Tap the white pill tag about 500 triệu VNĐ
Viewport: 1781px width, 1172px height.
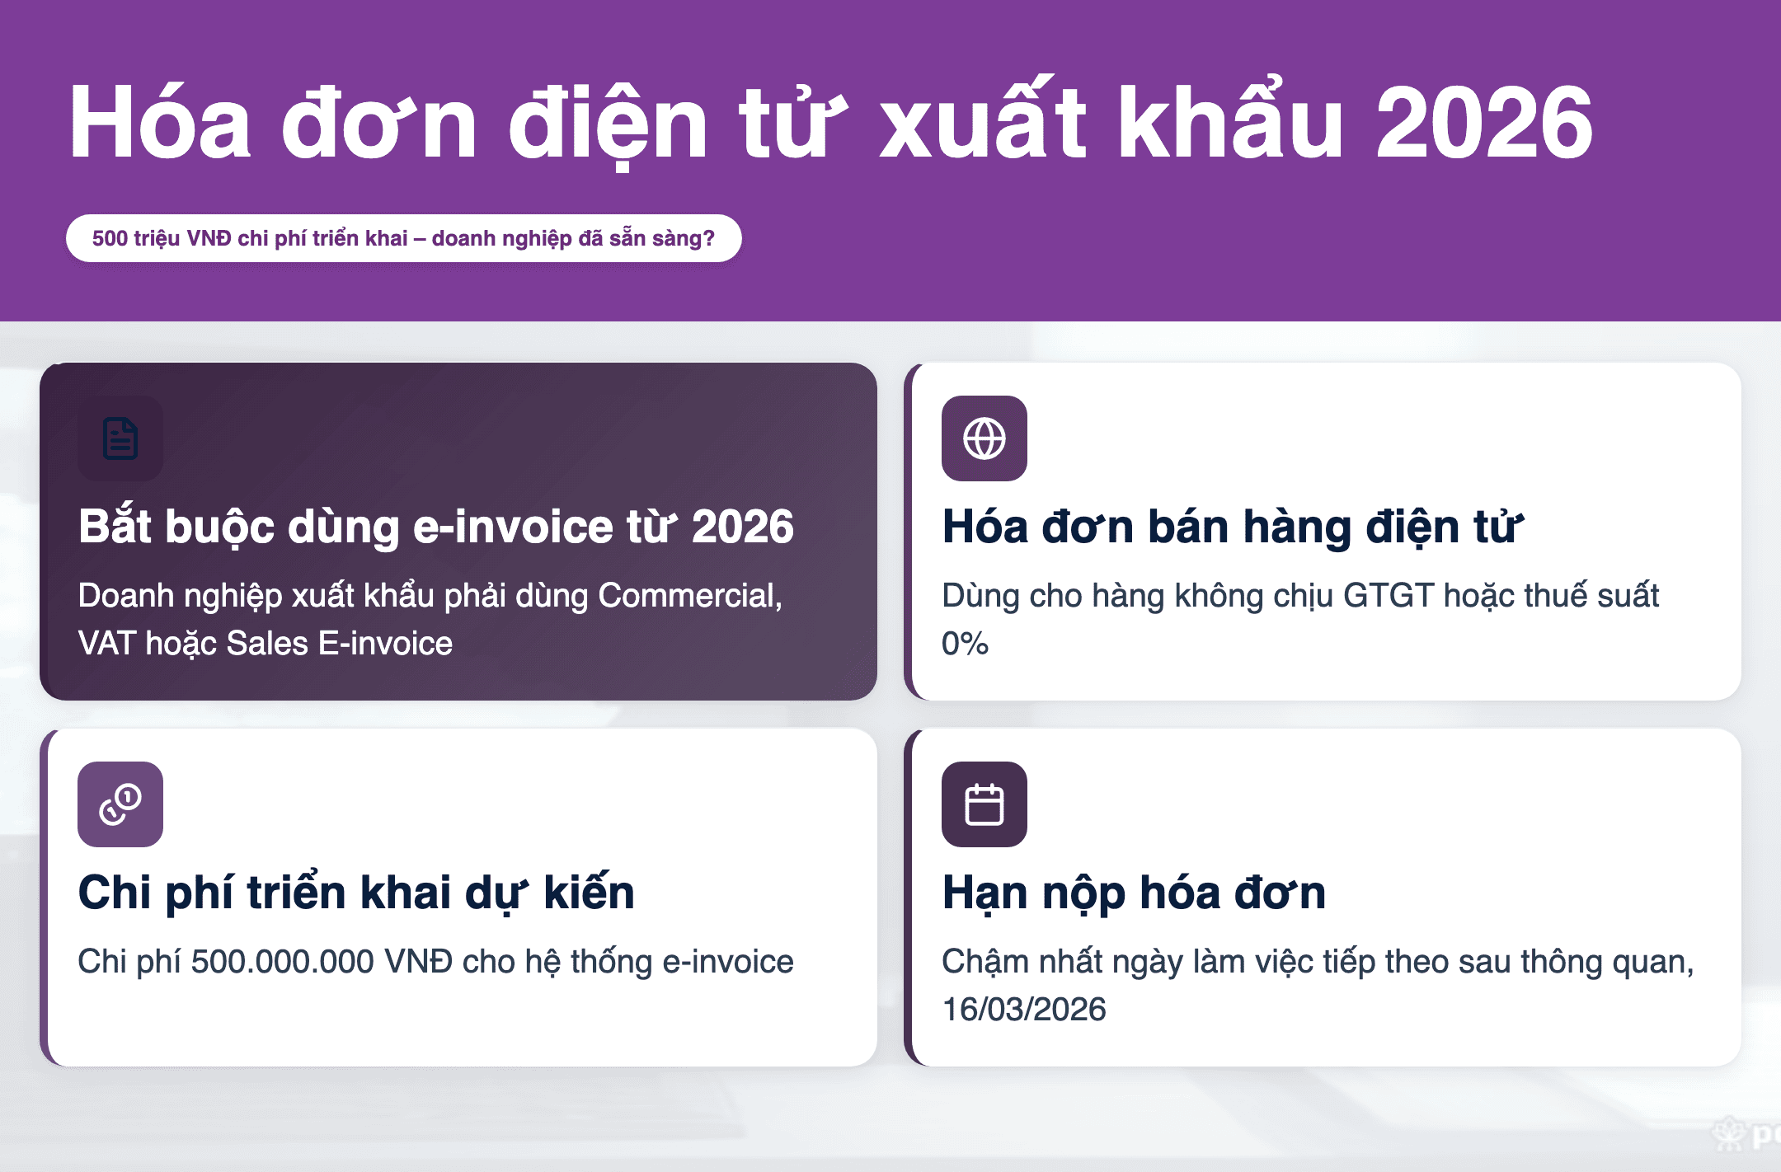pyautogui.click(x=404, y=238)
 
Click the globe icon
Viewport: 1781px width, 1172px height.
pyautogui.click(x=984, y=438)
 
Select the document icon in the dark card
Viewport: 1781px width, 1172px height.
pyautogui.click(x=120, y=438)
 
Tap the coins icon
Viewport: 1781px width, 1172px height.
pyautogui.click(x=120, y=804)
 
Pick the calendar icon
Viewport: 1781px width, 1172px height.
pyautogui.click(x=984, y=804)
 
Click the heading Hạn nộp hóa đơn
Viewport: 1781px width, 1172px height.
pyautogui.click(x=1134, y=893)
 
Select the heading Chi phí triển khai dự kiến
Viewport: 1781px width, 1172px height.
pyautogui.click(x=356, y=893)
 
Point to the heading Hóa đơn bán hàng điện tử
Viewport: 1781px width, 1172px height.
pyautogui.click(x=1233, y=526)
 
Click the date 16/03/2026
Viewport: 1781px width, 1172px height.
pyautogui.click(x=1024, y=1010)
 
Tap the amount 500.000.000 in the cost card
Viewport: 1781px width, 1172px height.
pyautogui.click(x=282, y=962)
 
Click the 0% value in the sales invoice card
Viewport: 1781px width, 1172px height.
pyautogui.click(x=965, y=644)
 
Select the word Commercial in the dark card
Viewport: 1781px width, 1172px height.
pyautogui.click(x=690, y=596)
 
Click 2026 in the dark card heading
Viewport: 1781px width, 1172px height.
pyautogui.click(x=742, y=527)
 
